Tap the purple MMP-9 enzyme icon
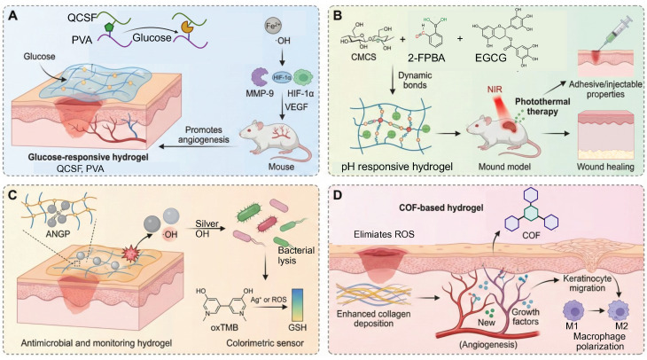pos(261,78)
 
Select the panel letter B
pos(338,16)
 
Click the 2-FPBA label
pos(427,58)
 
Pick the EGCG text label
pos(491,58)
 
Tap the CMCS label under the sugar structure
pos(363,57)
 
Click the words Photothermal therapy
pos(542,106)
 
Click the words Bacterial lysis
pos(296,255)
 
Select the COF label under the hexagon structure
pos(531,236)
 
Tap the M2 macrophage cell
pos(619,311)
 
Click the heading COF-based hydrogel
pos(441,207)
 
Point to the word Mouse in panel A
pos(282,167)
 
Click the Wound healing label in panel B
pos(605,167)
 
